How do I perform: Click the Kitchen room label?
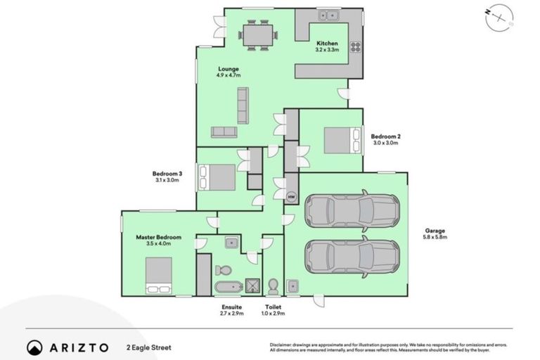(x=327, y=43)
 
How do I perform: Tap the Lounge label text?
(x=229, y=68)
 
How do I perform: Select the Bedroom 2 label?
(x=385, y=136)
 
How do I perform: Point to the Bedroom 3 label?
(x=167, y=174)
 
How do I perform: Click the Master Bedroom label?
(x=158, y=238)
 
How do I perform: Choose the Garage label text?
(x=435, y=231)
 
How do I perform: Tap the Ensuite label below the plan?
(x=231, y=307)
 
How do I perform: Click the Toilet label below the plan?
(x=274, y=307)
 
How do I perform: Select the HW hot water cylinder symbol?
(x=291, y=197)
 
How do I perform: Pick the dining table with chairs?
(x=256, y=35)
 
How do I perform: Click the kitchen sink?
(x=328, y=15)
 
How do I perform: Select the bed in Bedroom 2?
(x=340, y=139)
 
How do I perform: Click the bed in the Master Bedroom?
(x=158, y=275)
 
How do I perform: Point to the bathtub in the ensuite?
(x=227, y=287)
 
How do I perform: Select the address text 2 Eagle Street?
(x=149, y=347)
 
